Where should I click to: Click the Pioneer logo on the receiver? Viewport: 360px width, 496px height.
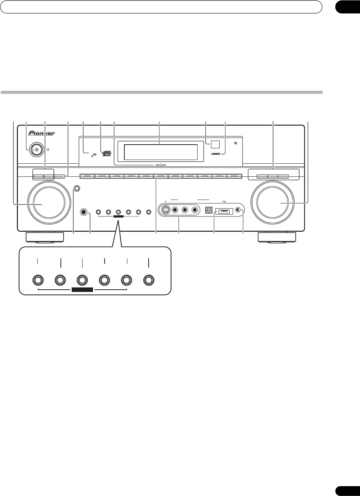coord(42,133)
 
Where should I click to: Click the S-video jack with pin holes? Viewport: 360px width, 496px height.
coord(165,210)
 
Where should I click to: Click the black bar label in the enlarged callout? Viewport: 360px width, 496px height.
coord(82,289)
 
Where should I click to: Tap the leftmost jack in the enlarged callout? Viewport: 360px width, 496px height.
coord(38,280)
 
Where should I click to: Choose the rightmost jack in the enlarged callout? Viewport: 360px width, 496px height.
coord(149,280)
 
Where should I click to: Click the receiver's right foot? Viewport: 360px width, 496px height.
coord(277,237)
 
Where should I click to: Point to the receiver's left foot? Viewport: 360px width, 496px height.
coord(44,237)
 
